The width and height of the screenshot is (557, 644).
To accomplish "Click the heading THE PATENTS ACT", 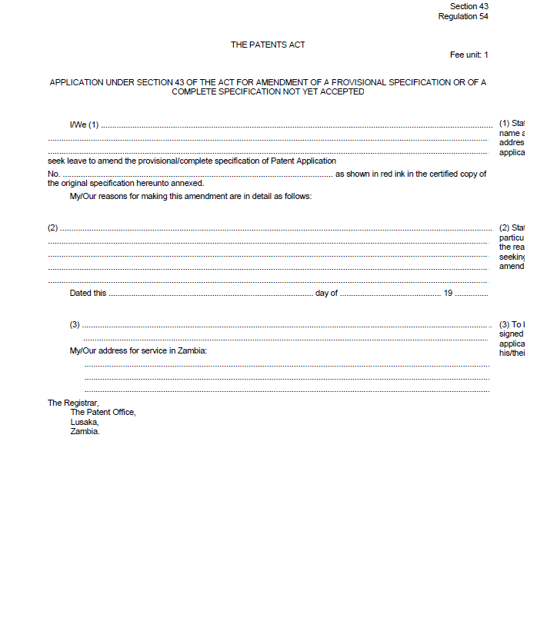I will tap(268, 45).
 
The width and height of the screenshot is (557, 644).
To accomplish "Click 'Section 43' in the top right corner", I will tap(469, 6).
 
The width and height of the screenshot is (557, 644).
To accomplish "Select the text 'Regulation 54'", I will tap(463, 16).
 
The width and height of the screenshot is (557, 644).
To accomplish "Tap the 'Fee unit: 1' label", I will tap(469, 55).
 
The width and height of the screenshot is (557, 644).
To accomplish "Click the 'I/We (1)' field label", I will tap(84, 124).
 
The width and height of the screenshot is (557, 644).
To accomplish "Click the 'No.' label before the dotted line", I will tap(53, 174).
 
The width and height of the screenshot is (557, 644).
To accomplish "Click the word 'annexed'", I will tap(188, 184).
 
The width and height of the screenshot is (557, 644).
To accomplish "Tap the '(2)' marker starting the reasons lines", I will tap(53, 227).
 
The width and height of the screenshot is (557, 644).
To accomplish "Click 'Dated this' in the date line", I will tap(88, 293).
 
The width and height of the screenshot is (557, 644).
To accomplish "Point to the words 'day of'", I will tap(326, 293).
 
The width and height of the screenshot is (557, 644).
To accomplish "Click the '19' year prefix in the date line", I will tap(448, 293).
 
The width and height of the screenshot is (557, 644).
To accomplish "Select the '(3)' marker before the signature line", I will tap(75, 324).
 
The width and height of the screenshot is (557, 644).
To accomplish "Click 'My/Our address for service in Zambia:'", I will tap(138, 351).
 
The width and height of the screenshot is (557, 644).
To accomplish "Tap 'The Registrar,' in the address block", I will tap(73, 403).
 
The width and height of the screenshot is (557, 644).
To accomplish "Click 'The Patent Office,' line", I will tap(103, 413).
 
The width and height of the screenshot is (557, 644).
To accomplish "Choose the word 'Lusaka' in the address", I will tap(85, 422).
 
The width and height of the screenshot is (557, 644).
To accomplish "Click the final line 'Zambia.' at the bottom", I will tap(85, 431).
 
